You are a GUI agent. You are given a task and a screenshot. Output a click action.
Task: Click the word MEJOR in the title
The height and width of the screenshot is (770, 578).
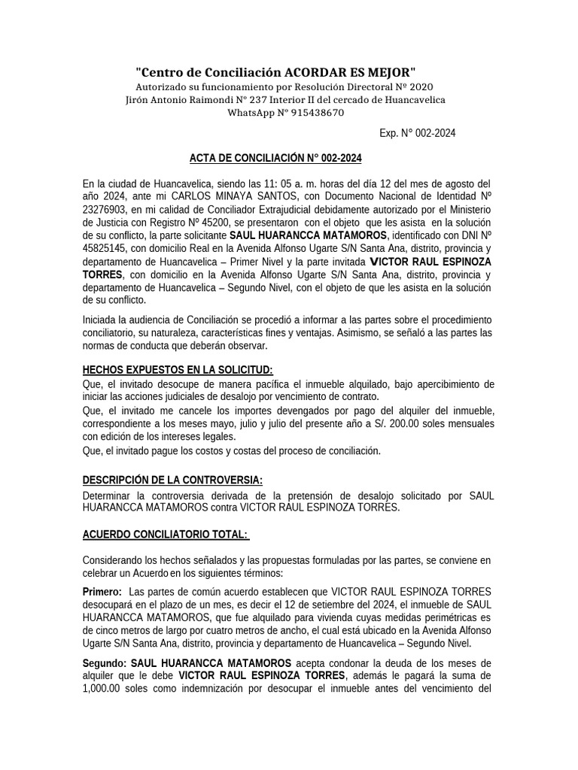pyautogui.click(x=391, y=72)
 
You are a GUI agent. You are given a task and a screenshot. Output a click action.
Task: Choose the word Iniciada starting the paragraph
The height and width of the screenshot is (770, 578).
pyautogui.click(x=102, y=320)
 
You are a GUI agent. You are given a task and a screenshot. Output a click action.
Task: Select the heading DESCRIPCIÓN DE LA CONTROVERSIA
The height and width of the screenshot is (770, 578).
pyautogui.click(x=172, y=480)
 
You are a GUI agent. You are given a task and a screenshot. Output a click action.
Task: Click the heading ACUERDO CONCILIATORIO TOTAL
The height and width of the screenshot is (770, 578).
pyautogui.click(x=165, y=534)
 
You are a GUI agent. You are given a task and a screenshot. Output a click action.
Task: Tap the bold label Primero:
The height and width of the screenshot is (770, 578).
pyautogui.click(x=102, y=591)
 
